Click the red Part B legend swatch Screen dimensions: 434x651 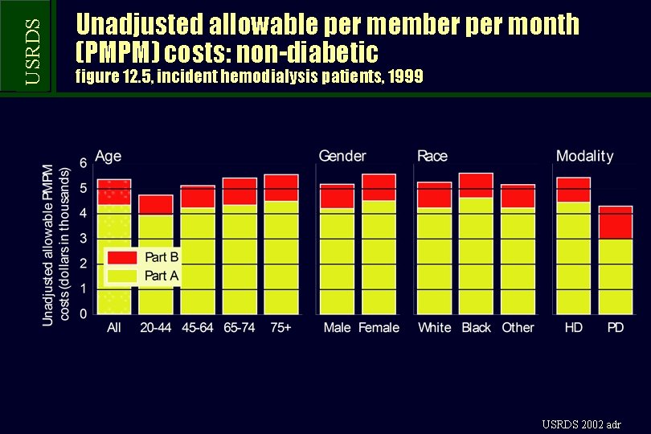click(x=123, y=257)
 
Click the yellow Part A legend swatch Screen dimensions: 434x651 click(x=123, y=276)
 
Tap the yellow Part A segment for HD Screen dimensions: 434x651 click(x=573, y=257)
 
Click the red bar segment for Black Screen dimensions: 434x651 click(x=476, y=186)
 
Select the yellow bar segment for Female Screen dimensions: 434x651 click(x=379, y=256)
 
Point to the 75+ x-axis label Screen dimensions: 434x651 click(x=281, y=328)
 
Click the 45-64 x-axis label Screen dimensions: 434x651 click(x=198, y=328)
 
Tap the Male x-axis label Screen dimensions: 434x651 click(x=337, y=328)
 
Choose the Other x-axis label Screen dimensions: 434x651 click(x=518, y=328)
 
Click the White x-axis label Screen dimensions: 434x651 click(x=434, y=328)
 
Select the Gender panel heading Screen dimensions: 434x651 click(x=342, y=156)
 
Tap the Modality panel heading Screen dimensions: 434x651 click(x=584, y=156)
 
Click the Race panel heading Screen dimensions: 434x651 click(x=432, y=156)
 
